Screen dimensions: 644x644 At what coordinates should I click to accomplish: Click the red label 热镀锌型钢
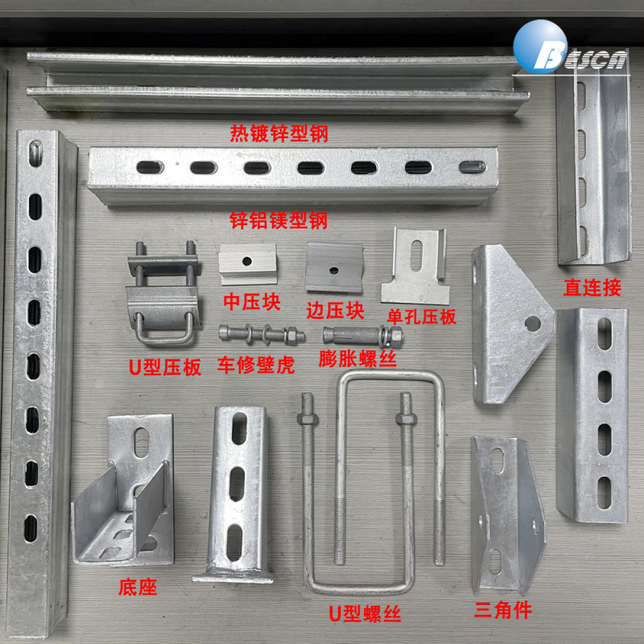point(279,134)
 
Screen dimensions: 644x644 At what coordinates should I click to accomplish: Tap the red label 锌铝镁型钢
point(279,221)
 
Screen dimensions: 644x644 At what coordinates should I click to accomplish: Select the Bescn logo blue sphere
point(539,47)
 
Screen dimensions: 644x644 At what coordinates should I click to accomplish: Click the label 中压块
point(252,303)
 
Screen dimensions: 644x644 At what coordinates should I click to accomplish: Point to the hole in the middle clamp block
point(247,261)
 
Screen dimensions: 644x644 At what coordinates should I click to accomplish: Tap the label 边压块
point(335,311)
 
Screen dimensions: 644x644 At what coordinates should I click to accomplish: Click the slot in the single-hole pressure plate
point(416,255)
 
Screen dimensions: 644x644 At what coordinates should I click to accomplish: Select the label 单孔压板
point(421,317)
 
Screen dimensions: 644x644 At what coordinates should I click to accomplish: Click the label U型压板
point(165,367)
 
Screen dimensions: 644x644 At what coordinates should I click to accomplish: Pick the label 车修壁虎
point(256,365)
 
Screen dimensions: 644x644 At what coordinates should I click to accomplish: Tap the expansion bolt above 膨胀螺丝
point(363,336)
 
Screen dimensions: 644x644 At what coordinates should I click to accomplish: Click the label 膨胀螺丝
point(357,358)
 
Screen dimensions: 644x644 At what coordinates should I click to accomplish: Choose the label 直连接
point(592,287)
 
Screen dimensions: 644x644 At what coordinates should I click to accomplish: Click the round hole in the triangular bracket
point(532,324)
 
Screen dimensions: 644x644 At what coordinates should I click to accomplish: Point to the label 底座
point(138,588)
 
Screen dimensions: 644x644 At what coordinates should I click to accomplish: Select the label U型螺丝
point(365,614)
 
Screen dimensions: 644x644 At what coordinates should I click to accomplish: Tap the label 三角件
point(503,610)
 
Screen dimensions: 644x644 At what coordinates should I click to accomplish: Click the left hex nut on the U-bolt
point(308,419)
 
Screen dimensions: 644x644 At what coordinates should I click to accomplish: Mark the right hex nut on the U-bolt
point(406,419)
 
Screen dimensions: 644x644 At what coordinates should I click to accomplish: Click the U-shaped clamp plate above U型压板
point(163,294)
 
